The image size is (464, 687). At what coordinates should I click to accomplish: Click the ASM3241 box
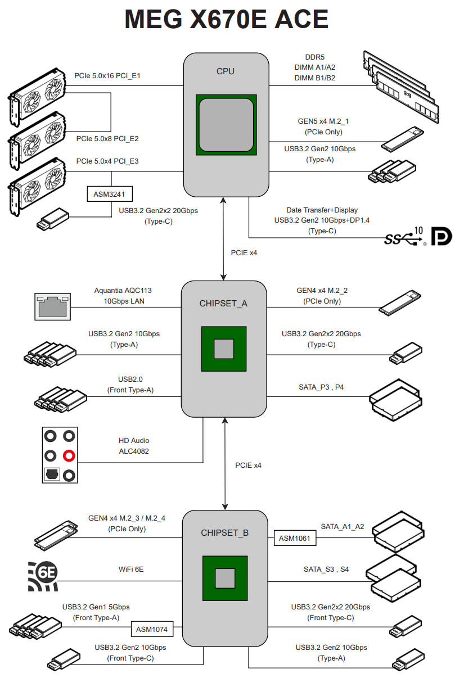pos(110,195)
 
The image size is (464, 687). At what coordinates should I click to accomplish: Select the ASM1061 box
pos(295,538)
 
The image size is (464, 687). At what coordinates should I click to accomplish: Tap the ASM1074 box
pos(152,629)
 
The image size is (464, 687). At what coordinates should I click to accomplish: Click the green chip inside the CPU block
pos(227,124)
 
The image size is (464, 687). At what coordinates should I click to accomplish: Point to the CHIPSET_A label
pos(223,304)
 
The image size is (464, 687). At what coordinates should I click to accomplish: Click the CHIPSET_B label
pos(224,532)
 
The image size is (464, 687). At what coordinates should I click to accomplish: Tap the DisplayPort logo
pos(441,236)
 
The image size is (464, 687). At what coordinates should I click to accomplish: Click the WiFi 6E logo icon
pos(43,576)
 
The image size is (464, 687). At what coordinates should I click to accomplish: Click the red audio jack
pos(69,455)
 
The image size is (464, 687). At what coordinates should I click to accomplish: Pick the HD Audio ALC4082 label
pos(134,446)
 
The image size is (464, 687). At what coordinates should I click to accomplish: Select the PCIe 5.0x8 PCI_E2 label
pos(107,138)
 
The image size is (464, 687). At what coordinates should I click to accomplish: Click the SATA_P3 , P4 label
pos(321,387)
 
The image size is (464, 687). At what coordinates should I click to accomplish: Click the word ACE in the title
pos(301,21)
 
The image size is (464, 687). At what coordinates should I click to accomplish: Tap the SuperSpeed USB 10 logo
pos(404,237)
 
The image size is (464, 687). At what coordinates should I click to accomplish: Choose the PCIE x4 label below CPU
pos(244,253)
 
